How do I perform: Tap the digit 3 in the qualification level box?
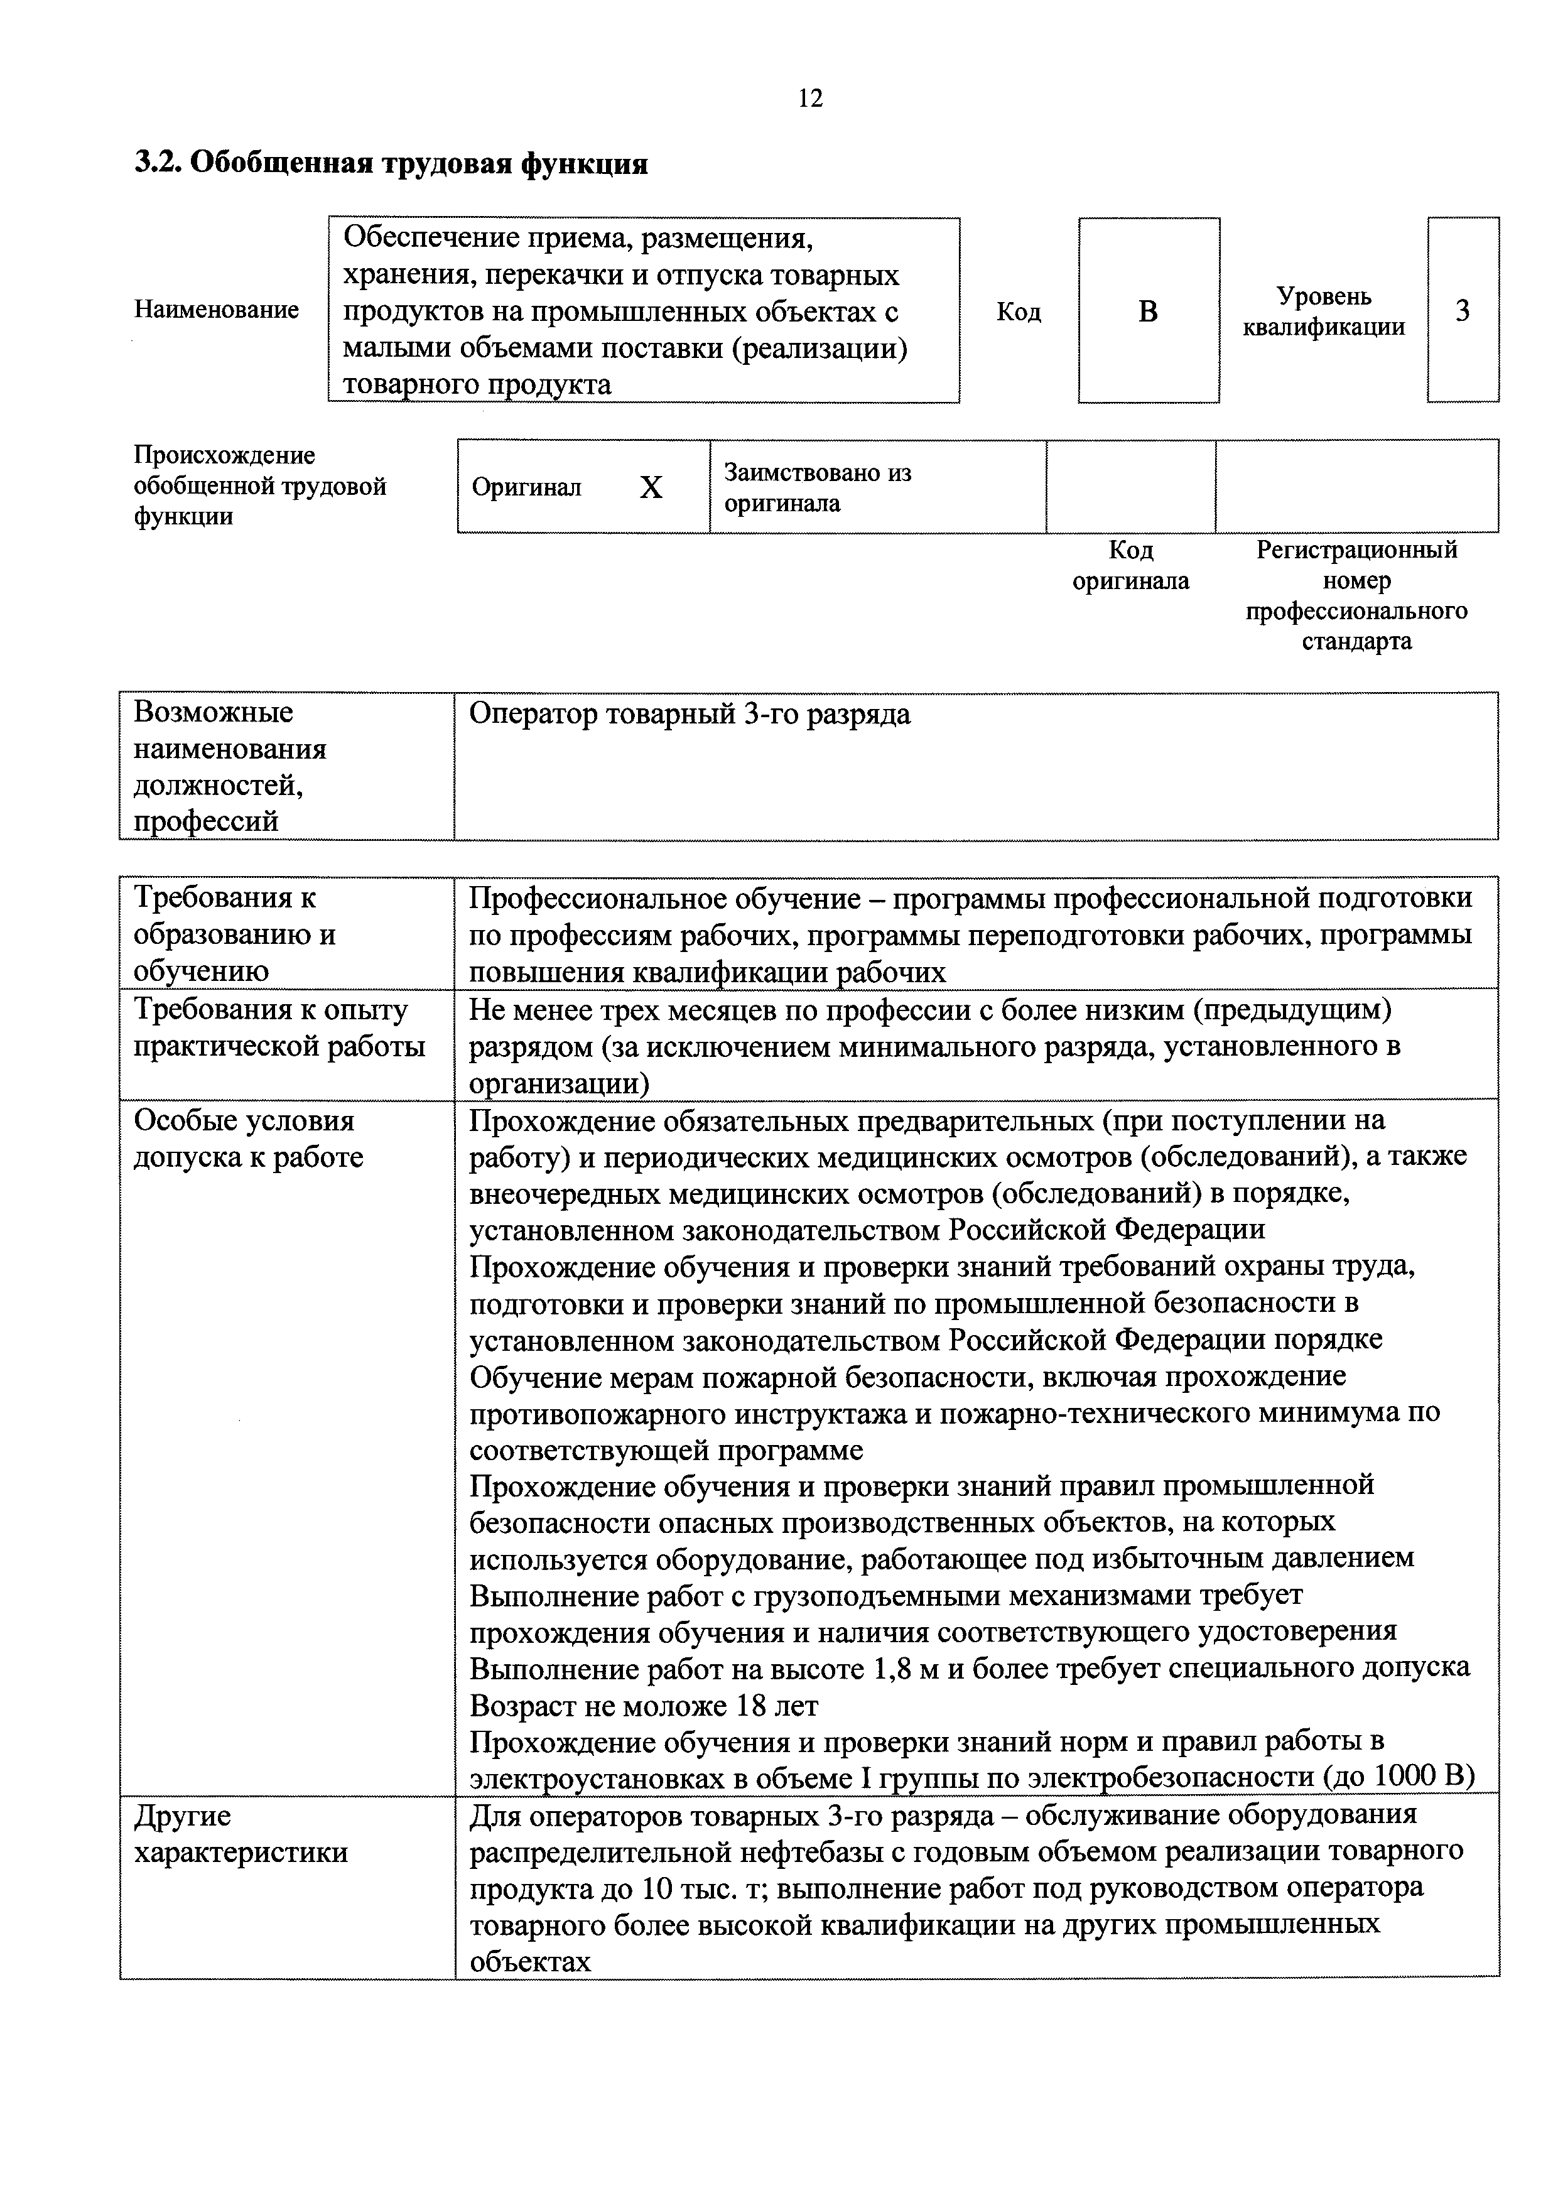point(1462,311)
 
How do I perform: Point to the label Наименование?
point(217,310)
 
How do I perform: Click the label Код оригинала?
point(1130,565)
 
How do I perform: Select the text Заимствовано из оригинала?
point(818,487)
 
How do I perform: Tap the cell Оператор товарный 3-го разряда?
point(690,714)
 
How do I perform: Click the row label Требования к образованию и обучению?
point(235,934)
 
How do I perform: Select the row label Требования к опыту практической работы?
point(278,1027)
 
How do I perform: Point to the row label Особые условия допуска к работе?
point(247,1139)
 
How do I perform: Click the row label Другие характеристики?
point(240,1834)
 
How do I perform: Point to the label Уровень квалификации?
point(1323,311)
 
